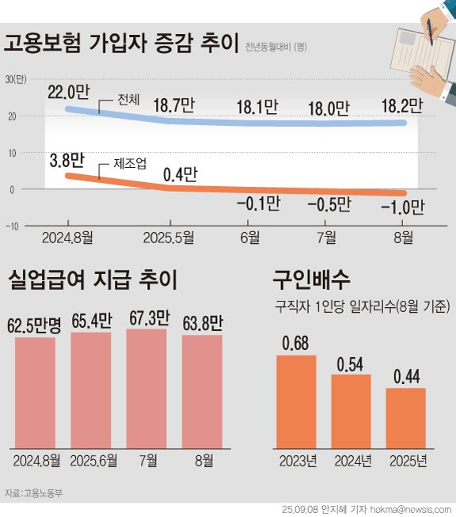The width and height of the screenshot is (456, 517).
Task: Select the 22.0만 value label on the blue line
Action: (x=66, y=92)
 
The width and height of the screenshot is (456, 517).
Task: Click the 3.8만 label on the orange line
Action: (x=65, y=161)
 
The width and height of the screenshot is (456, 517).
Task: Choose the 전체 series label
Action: (x=127, y=101)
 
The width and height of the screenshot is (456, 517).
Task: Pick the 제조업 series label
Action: (x=130, y=165)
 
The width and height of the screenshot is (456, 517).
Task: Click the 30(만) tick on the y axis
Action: (x=15, y=79)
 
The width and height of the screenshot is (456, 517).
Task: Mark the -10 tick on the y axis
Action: (x=12, y=226)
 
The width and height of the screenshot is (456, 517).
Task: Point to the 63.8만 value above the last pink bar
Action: (x=202, y=323)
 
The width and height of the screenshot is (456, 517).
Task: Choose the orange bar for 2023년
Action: (x=296, y=401)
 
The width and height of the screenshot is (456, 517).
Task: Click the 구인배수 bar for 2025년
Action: (x=405, y=417)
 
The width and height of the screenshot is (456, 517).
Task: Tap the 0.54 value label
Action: (x=351, y=365)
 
